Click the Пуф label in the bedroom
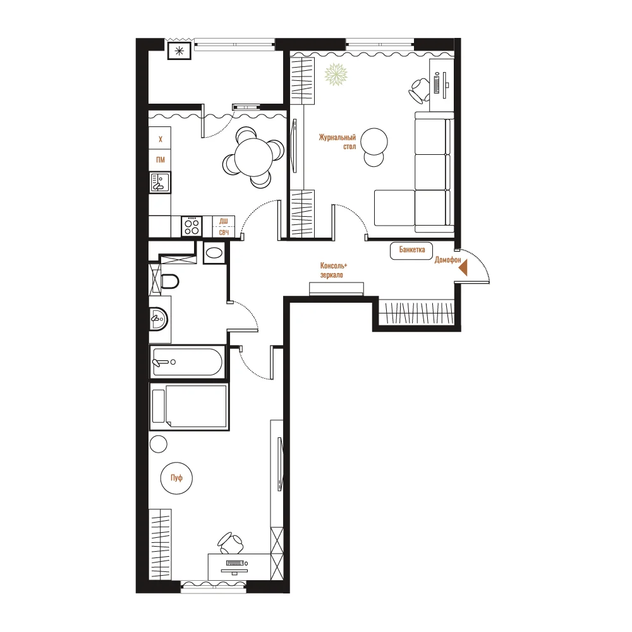(x=176, y=478)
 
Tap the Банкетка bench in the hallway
(x=411, y=250)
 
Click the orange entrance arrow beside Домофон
(x=463, y=267)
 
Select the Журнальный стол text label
(x=337, y=142)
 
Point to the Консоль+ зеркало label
(x=333, y=270)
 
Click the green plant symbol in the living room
(x=336, y=75)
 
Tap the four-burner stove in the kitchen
(x=191, y=226)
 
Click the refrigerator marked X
(x=160, y=138)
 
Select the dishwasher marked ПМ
(x=160, y=161)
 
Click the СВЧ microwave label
(x=224, y=233)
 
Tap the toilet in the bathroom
(x=169, y=281)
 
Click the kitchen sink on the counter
(x=160, y=182)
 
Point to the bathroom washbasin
(x=159, y=319)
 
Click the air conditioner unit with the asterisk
(x=179, y=51)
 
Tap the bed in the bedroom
(x=189, y=406)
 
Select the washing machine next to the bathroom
(x=214, y=253)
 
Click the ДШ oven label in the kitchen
(x=224, y=221)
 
